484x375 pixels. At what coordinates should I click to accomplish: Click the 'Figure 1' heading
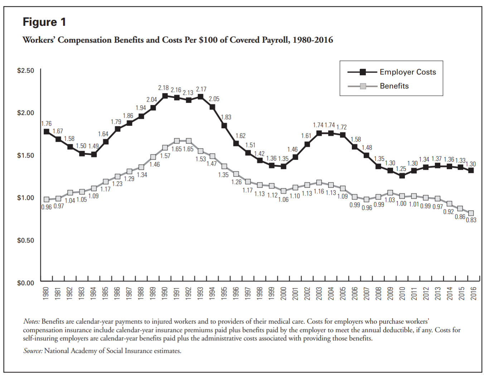pos(44,22)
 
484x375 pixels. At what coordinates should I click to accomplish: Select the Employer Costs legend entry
pos(407,72)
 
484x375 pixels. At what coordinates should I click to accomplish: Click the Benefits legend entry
pos(394,86)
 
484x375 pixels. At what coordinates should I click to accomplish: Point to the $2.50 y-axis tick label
pos(25,71)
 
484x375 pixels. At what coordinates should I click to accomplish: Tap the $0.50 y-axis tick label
pos(25,240)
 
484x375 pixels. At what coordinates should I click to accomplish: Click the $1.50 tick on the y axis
pos(25,155)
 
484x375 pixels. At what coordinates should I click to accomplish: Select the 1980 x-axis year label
pos(46,293)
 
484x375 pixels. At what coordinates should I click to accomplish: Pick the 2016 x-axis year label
pos(473,293)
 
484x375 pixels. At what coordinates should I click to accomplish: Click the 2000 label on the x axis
pos(283,293)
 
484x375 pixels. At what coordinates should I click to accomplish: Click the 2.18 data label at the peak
pos(163,88)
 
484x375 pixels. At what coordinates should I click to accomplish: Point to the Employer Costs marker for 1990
pos(165,96)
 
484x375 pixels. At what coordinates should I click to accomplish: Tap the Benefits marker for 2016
pos(471,213)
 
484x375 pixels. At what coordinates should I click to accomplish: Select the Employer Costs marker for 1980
pos(47,131)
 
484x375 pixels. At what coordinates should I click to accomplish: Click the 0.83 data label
pos(471,220)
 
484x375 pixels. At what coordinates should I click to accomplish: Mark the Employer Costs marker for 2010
pos(402,176)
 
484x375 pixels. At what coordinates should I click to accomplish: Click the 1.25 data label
pos(401,169)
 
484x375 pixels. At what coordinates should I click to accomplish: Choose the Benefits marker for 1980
pos(47,199)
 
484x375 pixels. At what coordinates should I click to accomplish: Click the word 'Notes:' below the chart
pos(32,321)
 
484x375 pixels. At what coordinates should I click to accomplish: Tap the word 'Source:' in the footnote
pos(33,351)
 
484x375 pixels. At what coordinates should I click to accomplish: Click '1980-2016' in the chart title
pos(313,40)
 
